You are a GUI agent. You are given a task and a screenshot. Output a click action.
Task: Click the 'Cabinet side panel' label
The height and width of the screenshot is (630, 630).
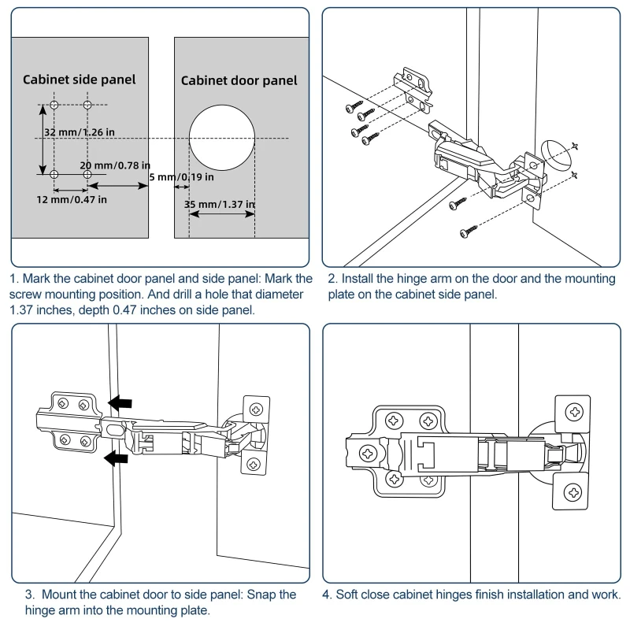pos(79,79)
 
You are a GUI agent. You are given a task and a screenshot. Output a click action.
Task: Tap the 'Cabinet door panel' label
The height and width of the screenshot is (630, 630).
pos(239,80)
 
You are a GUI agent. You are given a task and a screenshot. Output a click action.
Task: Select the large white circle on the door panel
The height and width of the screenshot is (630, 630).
pos(223,135)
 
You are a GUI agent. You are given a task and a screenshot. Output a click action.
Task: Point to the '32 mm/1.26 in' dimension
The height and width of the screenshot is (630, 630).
pos(80,132)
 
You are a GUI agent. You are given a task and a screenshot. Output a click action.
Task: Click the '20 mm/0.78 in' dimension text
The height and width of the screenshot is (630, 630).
pos(115,165)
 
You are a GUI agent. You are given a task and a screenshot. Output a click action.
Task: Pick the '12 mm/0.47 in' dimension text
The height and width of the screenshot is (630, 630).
pos(72,199)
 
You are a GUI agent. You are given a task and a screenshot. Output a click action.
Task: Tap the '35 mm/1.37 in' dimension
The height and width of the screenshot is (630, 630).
pos(220,205)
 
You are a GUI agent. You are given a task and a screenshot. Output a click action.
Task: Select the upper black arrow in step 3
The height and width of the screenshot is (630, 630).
pos(120,404)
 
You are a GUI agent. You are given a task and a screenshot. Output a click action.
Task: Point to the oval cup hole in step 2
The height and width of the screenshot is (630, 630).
pos(555,154)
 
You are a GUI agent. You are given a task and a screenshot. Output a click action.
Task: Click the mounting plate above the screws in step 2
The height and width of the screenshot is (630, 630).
pos(413,84)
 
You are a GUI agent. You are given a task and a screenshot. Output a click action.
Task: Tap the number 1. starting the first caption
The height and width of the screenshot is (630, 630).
pos(15,279)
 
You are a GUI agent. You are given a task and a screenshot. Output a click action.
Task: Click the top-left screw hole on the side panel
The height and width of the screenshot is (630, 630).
pos(54,105)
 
